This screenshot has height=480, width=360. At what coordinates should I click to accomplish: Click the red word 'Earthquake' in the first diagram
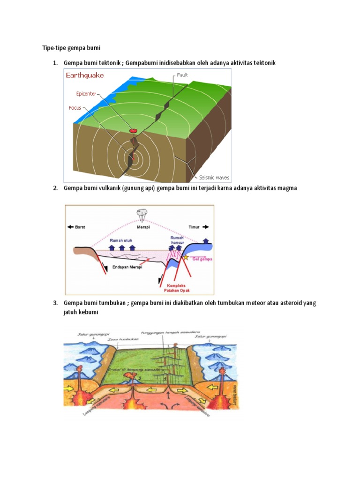85,75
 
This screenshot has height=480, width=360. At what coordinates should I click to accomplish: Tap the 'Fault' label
182,75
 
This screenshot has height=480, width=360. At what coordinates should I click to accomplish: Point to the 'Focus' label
75,108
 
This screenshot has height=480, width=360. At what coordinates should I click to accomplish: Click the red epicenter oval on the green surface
134,131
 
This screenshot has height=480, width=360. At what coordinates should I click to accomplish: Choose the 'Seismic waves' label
214,178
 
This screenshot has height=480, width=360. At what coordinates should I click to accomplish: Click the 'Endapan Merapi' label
128,268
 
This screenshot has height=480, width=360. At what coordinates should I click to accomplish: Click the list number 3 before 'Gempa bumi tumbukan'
54,303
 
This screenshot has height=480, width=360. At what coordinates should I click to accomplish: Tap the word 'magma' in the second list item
286,188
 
